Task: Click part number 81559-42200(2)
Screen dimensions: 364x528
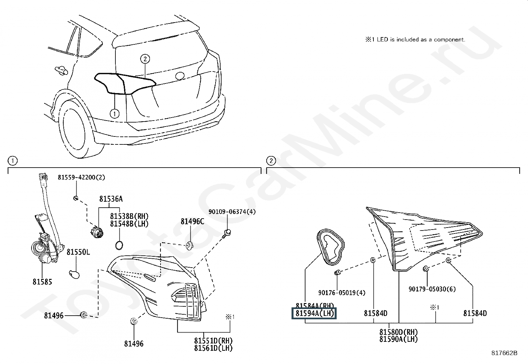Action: pos(81,178)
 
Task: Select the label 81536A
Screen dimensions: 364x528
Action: pos(111,199)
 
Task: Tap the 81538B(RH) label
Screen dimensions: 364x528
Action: pos(129,216)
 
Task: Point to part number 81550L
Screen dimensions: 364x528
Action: pos(78,252)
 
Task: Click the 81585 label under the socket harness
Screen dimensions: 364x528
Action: pos(42,282)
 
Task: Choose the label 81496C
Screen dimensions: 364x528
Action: pos(192,222)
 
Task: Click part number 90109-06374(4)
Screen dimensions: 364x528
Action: pos(232,212)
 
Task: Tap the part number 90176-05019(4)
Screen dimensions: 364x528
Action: pos(342,293)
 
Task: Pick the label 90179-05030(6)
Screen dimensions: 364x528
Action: pos(432,289)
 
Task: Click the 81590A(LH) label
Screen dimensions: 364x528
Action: pos(399,339)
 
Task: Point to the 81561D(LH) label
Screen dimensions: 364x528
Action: pos(213,348)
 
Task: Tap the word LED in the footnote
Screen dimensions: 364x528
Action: pos(383,40)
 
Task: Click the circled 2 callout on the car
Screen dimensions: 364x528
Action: pos(145,59)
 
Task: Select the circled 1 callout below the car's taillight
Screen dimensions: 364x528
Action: pos(114,114)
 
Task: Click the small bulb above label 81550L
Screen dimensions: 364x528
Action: pos(75,274)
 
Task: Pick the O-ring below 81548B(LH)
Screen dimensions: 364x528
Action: pos(119,245)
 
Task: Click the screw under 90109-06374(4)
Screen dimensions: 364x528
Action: pos(227,233)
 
